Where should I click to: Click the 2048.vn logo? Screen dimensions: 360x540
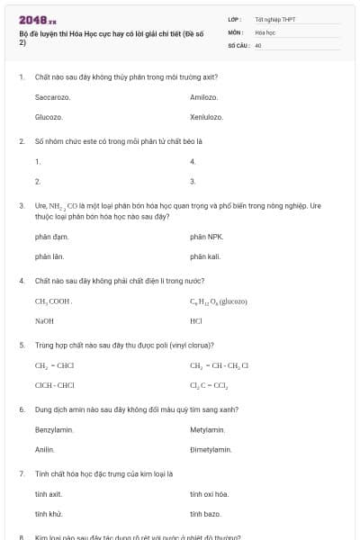click(38, 19)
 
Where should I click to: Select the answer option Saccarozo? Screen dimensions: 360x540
click(52, 96)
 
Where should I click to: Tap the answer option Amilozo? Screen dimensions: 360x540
click(204, 96)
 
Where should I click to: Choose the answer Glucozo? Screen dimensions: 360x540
click(49, 117)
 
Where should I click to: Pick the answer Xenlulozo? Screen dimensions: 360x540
click(207, 117)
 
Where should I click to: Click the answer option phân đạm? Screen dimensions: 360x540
click(51, 237)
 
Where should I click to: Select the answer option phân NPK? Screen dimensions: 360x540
click(206, 237)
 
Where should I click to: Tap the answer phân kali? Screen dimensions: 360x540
click(205, 256)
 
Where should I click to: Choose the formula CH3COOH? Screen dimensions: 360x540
click(53, 301)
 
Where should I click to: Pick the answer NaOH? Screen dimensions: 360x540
click(44, 320)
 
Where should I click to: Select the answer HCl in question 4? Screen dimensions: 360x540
click(196, 320)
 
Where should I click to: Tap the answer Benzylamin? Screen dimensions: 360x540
click(54, 429)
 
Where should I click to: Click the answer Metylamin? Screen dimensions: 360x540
click(208, 429)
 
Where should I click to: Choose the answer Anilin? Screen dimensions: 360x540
click(45, 449)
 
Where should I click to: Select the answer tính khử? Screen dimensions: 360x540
click(48, 513)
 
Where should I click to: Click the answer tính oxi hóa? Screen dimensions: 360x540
click(209, 493)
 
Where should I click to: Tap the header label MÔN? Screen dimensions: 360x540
click(236, 31)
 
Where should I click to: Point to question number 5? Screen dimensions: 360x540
click(22, 344)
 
